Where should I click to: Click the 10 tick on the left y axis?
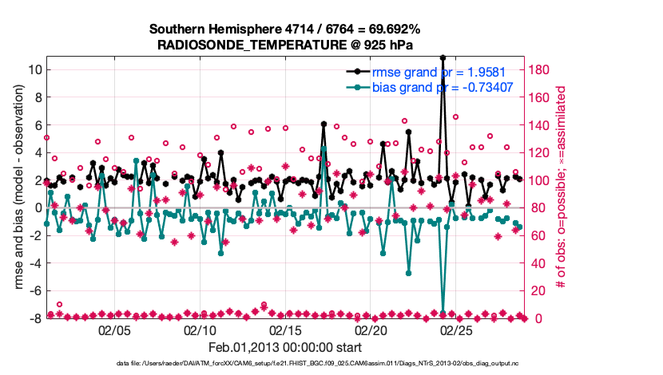(35, 69)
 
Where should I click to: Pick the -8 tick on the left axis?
(35, 318)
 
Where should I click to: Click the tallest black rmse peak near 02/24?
(443, 57)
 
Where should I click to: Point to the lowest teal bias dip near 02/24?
(443, 312)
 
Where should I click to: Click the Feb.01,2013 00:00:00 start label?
(285, 348)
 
